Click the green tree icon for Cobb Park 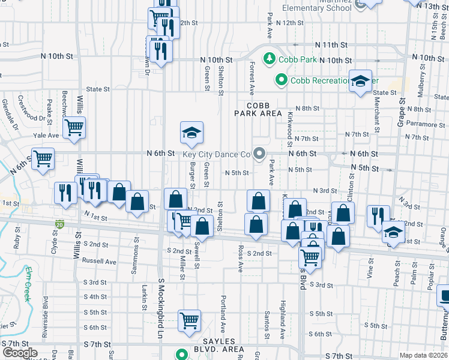270,59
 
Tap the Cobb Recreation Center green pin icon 280,79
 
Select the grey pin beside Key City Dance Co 259,154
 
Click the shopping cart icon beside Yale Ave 74,127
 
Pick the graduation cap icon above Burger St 191,133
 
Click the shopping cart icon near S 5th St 190,320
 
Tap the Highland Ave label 281,310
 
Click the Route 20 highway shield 59,225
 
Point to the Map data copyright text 423,355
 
